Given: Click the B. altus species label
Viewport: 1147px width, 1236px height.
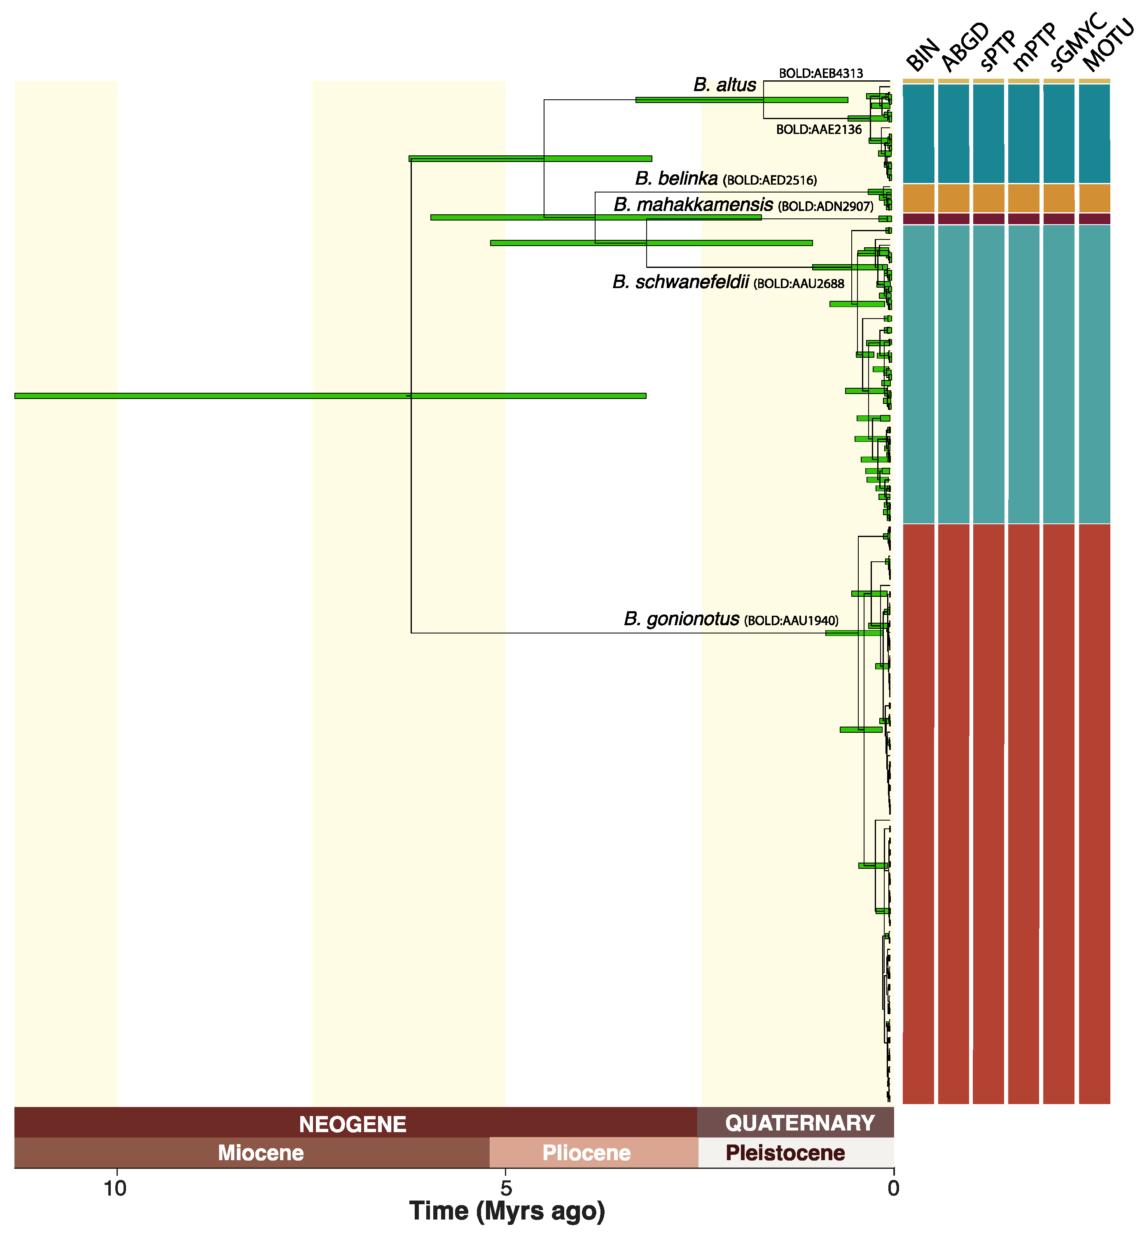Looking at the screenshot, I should [724, 85].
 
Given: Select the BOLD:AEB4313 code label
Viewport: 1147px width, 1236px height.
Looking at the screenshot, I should [820, 73].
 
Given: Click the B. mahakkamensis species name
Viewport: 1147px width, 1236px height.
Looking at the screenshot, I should [693, 205].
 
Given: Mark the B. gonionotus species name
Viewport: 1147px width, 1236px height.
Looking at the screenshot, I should [682, 619].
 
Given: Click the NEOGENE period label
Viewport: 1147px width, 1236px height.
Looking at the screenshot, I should [353, 1124].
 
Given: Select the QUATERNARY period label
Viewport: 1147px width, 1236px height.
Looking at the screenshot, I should [799, 1123].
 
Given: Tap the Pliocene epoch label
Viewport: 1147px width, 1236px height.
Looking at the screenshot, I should [586, 1153].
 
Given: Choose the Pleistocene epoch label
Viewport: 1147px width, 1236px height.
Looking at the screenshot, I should [785, 1153].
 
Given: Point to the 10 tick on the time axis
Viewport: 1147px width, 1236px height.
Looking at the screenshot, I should [115, 1188].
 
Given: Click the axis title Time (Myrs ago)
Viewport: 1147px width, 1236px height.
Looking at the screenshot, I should [507, 1212].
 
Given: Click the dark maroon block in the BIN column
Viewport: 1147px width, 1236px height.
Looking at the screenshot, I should [918, 218].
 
